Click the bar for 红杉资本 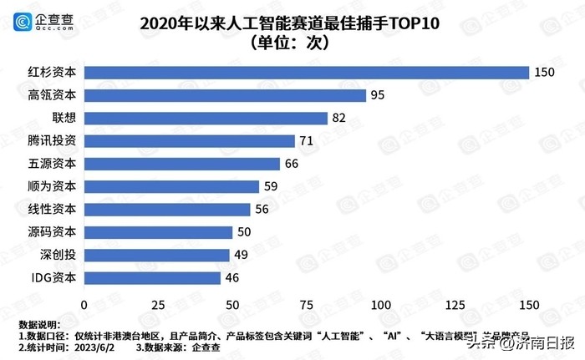[306, 73]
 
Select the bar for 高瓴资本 [225, 95]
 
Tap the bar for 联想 [206, 118]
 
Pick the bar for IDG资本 [152, 277]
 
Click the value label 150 [545, 73]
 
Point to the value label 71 [306, 141]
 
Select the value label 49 [241, 255]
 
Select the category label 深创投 [58, 255]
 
